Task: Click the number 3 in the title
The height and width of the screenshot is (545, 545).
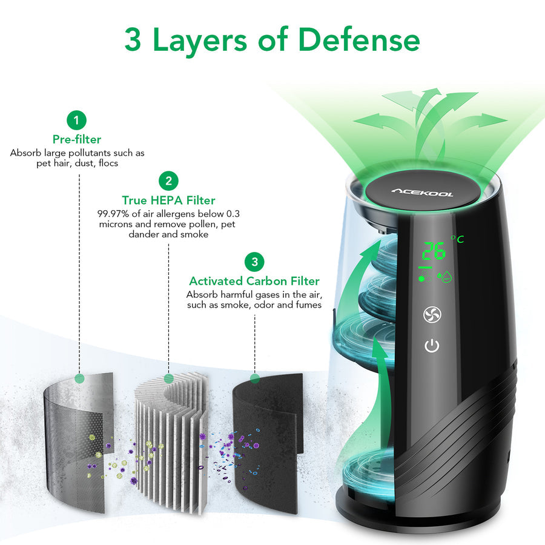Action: [x=133, y=39]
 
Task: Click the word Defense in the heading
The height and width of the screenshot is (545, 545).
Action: [x=359, y=39]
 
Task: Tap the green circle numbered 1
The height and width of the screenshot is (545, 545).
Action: [x=76, y=121]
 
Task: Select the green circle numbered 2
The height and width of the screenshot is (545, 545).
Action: [x=168, y=181]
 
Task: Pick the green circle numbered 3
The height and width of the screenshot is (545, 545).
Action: [x=254, y=262]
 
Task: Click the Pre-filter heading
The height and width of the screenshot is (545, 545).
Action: [x=77, y=139]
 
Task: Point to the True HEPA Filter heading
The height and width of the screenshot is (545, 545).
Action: [x=168, y=200]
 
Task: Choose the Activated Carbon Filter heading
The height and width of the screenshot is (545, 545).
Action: [x=254, y=281]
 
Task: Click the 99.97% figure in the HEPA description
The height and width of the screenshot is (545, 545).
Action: [x=113, y=213]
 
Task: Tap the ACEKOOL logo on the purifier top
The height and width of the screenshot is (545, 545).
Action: [x=422, y=192]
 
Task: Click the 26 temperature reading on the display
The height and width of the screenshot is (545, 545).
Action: [x=434, y=251]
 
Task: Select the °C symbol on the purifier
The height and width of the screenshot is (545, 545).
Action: [x=457, y=239]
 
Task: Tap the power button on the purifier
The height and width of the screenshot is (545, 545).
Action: [x=432, y=346]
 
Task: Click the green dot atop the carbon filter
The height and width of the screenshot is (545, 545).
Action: [x=255, y=378]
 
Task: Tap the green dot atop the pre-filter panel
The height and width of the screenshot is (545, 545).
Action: [x=79, y=378]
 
